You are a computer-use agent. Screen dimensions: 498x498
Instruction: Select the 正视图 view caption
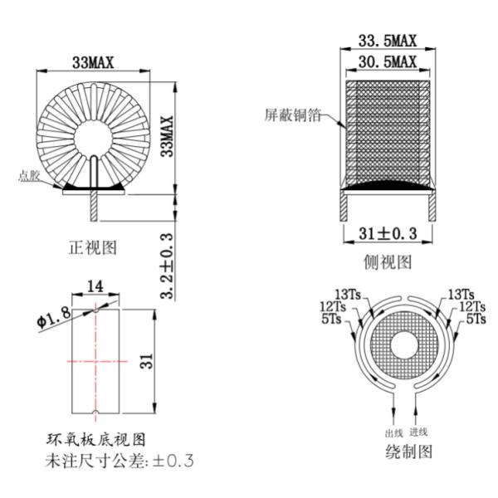click(x=92, y=246)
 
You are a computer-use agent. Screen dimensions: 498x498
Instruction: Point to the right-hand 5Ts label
click(x=476, y=319)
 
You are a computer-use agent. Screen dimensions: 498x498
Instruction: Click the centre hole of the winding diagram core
click(x=390, y=345)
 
